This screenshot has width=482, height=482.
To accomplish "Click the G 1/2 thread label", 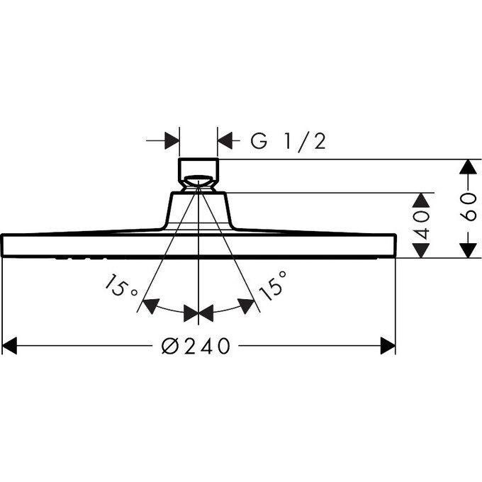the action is pos(288,141).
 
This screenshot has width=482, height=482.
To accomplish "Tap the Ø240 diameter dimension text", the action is pos(196,346).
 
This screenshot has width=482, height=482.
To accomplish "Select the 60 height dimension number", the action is pos(468,208).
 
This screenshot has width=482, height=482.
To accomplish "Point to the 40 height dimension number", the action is pos(421,225).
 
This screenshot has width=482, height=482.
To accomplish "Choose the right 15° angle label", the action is pos(273,286).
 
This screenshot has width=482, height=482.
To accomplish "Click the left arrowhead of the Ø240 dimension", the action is pos(9,346).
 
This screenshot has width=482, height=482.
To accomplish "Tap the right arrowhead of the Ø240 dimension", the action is pos(388,346).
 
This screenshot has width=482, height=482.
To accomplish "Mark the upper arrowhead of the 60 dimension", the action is pos(468,167).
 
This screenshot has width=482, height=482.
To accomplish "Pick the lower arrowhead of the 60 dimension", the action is pos(468,250).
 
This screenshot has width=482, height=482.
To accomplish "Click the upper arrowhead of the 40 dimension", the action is pos(421,201).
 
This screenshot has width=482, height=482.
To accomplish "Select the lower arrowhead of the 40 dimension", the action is pos(421,250).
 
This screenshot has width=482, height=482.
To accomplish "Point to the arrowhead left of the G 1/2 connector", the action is pos(172,141).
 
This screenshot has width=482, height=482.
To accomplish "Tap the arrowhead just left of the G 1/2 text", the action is pos(225,141).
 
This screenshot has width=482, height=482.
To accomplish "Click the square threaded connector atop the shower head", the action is pos(198,175).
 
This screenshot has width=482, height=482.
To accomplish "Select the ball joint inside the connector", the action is pos(198,181).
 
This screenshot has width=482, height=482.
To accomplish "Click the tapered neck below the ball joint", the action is pos(198,211).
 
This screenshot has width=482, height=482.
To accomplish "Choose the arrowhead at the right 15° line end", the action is pos(247,306).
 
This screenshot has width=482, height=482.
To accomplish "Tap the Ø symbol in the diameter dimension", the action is pos(169,346).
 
